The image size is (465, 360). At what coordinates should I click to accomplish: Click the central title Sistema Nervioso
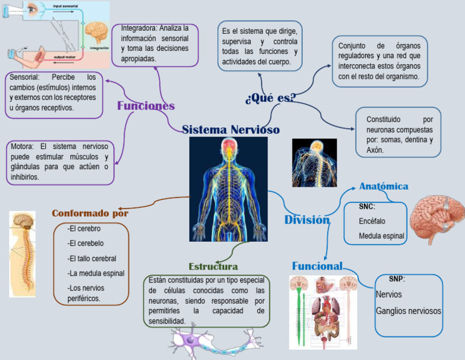click(x=231, y=130)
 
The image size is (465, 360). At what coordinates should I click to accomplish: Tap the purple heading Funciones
click(x=146, y=106)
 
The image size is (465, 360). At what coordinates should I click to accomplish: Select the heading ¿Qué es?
click(x=270, y=99)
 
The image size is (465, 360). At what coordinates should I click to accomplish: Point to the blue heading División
click(x=307, y=219)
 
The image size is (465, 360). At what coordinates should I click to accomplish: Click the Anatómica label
click(x=383, y=186)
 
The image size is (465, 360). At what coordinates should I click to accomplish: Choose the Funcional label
click(x=317, y=266)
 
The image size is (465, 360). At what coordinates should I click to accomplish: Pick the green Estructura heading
click(x=213, y=267)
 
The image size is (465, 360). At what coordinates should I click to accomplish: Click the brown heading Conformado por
click(x=90, y=213)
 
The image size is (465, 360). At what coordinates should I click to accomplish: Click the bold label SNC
click(x=366, y=207)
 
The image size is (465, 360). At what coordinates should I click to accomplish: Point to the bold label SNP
click(x=397, y=279)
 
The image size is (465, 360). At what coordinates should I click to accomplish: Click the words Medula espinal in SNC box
click(x=381, y=236)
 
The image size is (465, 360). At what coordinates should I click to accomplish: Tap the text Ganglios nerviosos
click(x=408, y=311)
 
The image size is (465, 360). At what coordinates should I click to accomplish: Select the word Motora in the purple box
click(x=24, y=146)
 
